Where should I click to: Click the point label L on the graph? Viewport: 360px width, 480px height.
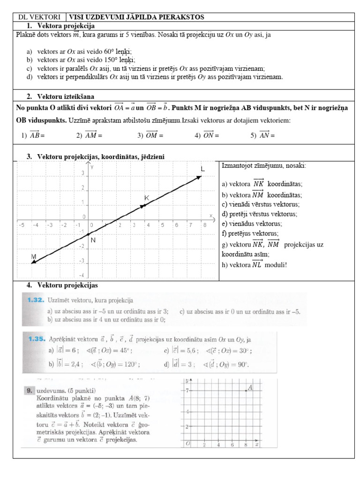click(202, 169)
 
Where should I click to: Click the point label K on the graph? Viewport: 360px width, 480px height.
click(146, 198)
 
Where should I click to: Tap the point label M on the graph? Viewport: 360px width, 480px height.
click(33, 256)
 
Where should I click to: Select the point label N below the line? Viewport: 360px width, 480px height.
click(93, 240)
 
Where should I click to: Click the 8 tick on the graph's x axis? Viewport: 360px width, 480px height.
click(205, 225)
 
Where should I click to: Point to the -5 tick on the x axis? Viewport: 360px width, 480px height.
click(21, 225)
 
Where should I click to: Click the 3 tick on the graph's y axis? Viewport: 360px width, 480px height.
click(83, 173)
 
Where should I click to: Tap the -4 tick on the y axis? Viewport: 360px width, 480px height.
click(81, 275)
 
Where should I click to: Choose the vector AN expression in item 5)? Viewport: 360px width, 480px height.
click(266, 135)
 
